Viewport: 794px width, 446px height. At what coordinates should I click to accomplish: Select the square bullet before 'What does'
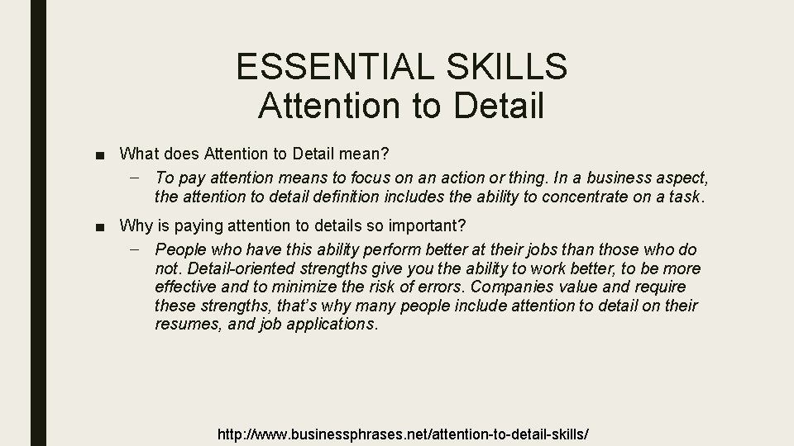pyautogui.click(x=100, y=154)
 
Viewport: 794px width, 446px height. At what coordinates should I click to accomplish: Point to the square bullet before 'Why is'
pyautogui.click(x=100, y=225)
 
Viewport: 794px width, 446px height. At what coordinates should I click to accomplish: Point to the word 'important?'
pyautogui.click(x=432, y=225)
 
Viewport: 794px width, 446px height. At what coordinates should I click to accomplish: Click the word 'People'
pyautogui.click(x=182, y=249)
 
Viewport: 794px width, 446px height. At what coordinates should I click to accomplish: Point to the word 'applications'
pyautogui.click(x=328, y=325)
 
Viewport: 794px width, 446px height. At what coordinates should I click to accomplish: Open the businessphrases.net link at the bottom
pyautogui.click(x=402, y=434)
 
